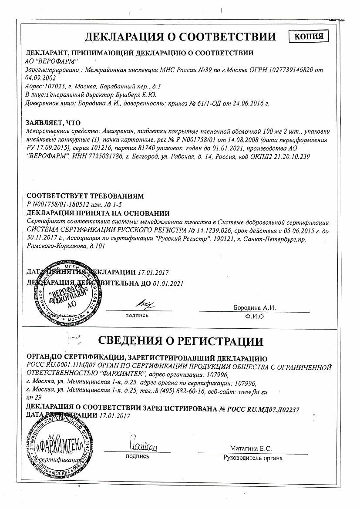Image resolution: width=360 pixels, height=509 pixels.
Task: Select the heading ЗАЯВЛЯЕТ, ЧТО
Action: (54, 123)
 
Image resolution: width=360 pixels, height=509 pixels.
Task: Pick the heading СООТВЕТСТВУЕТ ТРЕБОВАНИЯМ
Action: (85, 196)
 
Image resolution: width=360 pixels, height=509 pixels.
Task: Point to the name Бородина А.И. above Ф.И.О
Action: (255, 308)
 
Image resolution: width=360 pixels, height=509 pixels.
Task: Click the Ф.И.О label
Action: (255, 317)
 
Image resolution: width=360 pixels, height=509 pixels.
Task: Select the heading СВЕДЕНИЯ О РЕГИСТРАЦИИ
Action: (180, 341)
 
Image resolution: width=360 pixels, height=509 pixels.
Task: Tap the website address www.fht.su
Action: (253, 391)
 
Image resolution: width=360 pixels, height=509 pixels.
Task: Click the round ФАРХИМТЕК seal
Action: (59, 444)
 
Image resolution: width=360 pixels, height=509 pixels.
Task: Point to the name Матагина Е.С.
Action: (251, 448)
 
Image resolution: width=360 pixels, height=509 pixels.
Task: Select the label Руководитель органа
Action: (253, 458)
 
